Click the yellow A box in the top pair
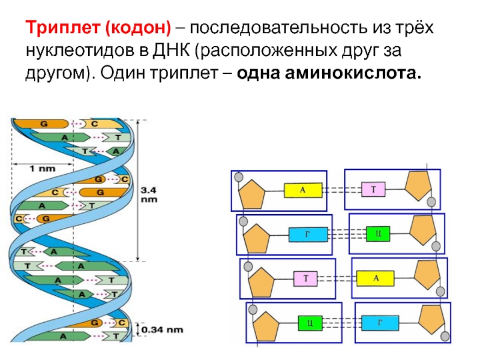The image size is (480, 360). point(303,190)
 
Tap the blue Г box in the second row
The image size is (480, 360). point(308,234)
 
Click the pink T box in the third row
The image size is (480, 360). point(305,278)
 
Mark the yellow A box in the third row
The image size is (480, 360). point(376,278)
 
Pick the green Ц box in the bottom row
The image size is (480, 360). point(309,323)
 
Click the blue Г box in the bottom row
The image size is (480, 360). point(380,323)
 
